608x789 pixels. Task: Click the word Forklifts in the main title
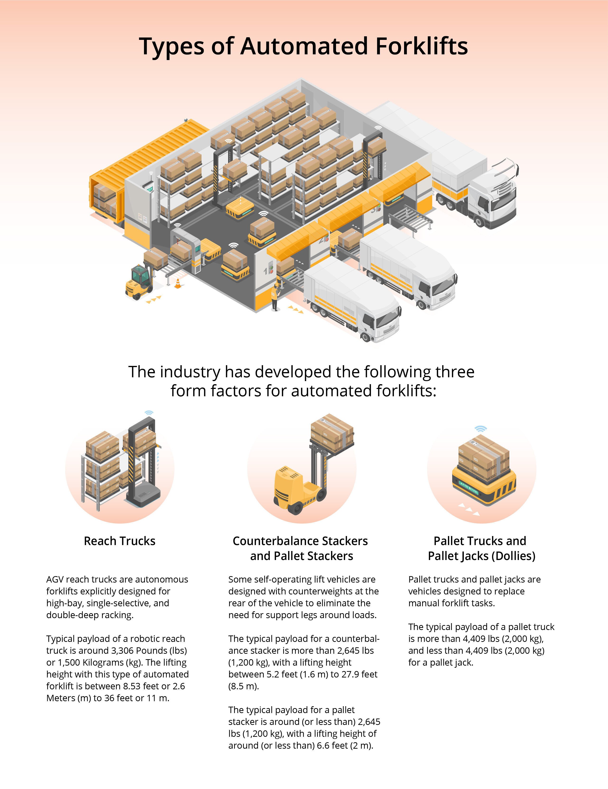click(421, 46)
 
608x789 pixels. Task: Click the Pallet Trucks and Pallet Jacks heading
click(481, 548)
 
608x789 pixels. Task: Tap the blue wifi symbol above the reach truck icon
click(149, 413)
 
